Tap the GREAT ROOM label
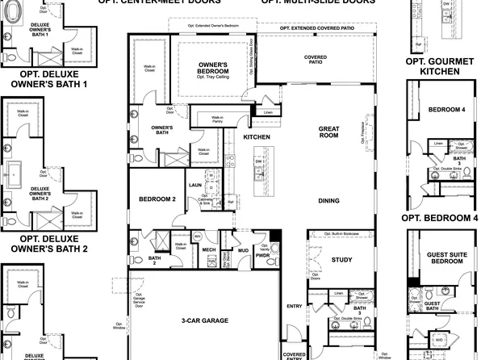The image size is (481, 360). click(328, 132)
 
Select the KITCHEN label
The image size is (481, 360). click(257, 136)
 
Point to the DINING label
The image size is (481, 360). click(328, 200)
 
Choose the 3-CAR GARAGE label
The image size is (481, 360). click(204, 320)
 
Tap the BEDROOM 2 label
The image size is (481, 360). click(157, 199)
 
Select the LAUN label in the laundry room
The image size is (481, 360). click(194, 184)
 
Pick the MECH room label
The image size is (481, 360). click(208, 250)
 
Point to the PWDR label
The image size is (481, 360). click(262, 257)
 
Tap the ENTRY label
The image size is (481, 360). click(294, 305)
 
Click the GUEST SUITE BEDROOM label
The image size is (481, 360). click(444, 257)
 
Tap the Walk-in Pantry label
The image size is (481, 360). click(217, 119)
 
